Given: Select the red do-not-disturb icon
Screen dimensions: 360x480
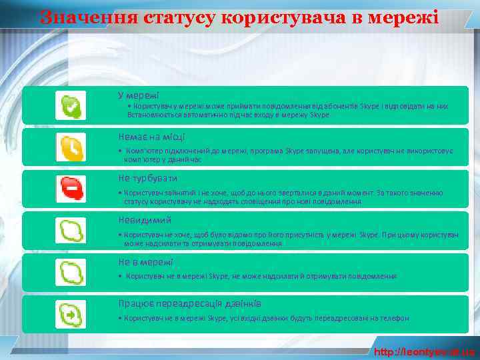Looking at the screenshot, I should (x=71, y=189).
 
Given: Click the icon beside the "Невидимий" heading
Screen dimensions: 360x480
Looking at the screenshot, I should (x=71, y=231).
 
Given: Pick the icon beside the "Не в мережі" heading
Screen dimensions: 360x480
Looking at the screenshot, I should (x=71, y=273).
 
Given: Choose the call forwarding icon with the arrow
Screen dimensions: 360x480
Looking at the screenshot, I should (x=71, y=314).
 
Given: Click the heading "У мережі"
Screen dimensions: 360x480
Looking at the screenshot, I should (x=138, y=95).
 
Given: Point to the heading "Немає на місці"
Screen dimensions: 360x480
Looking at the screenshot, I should (x=151, y=137).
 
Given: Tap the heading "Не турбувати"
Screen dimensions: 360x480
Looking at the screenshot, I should (x=147, y=179).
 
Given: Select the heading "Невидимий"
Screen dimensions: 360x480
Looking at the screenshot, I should (x=145, y=220).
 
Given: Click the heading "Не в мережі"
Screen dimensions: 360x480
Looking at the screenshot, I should (x=145, y=262).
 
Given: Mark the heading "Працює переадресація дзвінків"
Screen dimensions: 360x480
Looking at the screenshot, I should (x=189, y=303).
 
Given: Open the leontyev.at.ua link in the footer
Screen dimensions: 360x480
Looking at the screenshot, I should (x=425, y=351).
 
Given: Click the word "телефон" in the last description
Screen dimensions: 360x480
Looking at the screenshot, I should (x=394, y=319).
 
